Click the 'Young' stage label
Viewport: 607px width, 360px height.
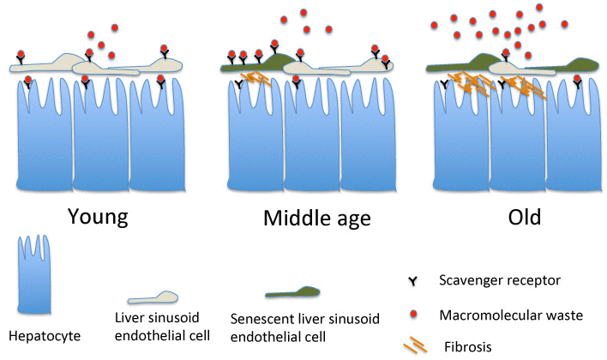pyautogui.click(x=98, y=217)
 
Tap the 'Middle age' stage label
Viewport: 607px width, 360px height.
pyautogui.click(x=317, y=218)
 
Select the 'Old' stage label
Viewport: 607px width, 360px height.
pyautogui.click(x=525, y=217)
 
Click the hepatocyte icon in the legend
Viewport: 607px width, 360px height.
pyautogui.click(x=34, y=274)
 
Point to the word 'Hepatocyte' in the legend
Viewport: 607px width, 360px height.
pyautogui.click(x=45, y=336)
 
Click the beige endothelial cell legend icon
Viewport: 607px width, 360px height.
pyautogui.click(x=153, y=297)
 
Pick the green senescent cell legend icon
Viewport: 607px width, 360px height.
pyautogui.click(x=292, y=292)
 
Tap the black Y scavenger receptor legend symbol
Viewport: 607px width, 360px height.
pyautogui.click(x=413, y=281)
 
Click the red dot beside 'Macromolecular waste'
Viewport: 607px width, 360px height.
pyautogui.click(x=413, y=315)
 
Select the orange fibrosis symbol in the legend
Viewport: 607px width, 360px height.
pyautogui.click(x=415, y=344)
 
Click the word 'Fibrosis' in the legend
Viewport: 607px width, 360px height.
pyautogui.click(x=467, y=347)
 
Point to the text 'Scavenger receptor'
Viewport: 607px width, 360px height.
pyautogui.click(x=499, y=280)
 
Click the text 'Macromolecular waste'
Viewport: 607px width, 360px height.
pyautogui.click(x=511, y=315)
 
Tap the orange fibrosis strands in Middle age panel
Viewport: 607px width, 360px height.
pyautogui.click(x=255, y=77)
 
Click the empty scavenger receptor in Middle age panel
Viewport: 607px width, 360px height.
pyautogui.click(x=239, y=84)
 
